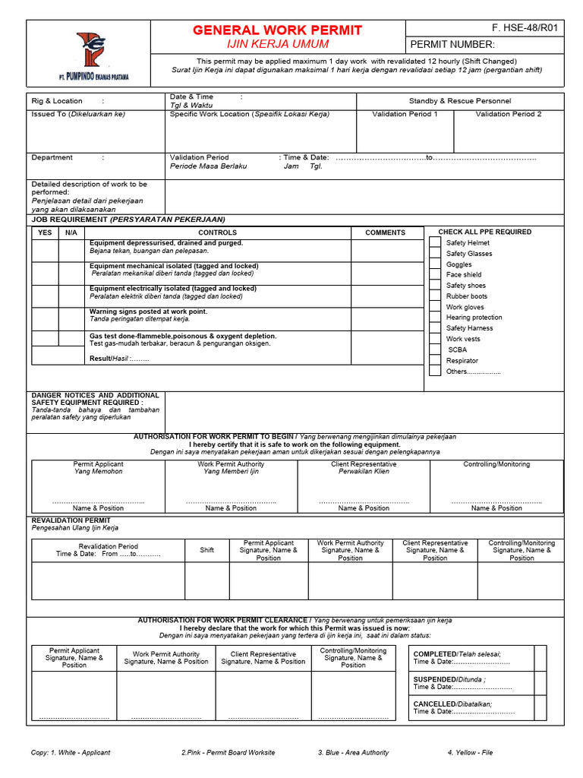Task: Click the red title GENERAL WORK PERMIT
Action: (277, 30)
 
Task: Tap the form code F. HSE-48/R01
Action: (525, 28)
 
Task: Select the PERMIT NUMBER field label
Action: (452, 45)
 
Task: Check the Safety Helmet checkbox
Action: (434, 243)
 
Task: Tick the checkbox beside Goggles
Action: (434, 264)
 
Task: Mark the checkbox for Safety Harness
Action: (434, 328)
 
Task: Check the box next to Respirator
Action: (434, 361)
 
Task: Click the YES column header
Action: (45, 232)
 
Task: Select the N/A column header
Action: (71, 232)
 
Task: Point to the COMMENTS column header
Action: (385, 232)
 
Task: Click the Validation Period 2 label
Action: (509, 114)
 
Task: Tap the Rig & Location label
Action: (57, 101)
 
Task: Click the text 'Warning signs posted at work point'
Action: (148, 312)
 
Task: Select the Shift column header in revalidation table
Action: (207, 550)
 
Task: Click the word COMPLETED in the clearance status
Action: (434, 654)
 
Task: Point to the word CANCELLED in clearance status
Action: (433, 704)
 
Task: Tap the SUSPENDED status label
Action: (435, 679)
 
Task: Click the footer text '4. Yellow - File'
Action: (470, 752)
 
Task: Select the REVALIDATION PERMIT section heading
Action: (66, 520)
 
